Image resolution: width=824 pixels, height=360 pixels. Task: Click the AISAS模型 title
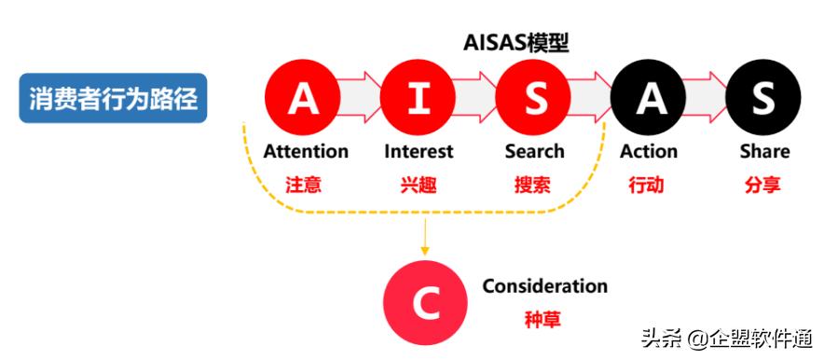pyautogui.click(x=515, y=43)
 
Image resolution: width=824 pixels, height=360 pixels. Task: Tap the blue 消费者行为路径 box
pyautogui.click(x=113, y=99)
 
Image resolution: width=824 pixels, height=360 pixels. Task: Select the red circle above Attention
pyautogui.click(x=303, y=99)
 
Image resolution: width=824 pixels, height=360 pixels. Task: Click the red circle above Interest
pyautogui.click(x=419, y=99)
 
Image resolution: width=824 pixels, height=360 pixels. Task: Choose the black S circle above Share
pyautogui.click(x=763, y=99)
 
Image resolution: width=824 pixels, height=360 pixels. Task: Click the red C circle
pyautogui.click(x=424, y=302)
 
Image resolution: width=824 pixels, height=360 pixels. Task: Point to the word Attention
pyautogui.click(x=306, y=151)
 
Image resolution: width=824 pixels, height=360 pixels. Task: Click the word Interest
pyautogui.click(x=419, y=151)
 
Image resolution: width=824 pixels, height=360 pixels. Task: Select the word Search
pyautogui.click(x=534, y=151)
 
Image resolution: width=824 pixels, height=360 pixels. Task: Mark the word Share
pyautogui.click(x=764, y=151)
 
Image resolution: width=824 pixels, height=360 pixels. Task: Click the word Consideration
pyautogui.click(x=544, y=286)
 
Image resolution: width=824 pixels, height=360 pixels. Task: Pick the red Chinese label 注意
pyautogui.click(x=304, y=184)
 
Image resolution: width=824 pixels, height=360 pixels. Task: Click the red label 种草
pyautogui.click(x=542, y=319)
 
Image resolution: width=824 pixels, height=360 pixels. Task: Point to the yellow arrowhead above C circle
pyautogui.click(x=425, y=250)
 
